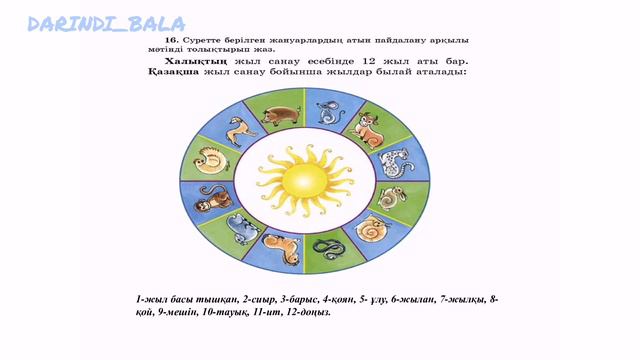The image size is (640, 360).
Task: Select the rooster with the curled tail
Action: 213,161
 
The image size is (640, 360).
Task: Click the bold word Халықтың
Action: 168,61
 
